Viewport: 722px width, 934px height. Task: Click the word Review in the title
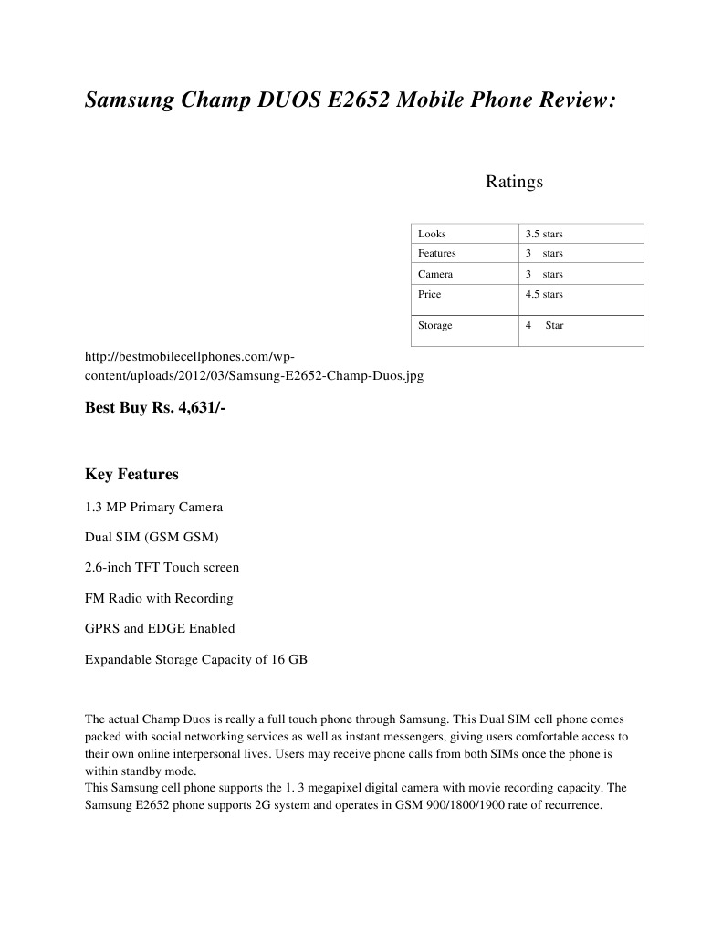click(x=566, y=101)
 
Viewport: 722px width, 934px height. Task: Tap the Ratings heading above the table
click(x=514, y=182)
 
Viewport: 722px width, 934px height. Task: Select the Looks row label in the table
click(x=432, y=234)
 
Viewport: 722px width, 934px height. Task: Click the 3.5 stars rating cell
click(x=544, y=234)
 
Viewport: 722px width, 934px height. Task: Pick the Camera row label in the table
click(x=435, y=274)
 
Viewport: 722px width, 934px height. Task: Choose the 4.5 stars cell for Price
click(x=544, y=294)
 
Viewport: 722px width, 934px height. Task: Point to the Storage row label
click(x=435, y=325)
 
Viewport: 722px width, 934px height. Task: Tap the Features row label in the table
click(x=437, y=253)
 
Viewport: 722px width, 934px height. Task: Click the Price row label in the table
click(x=430, y=294)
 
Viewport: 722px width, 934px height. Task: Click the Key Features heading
click(x=131, y=475)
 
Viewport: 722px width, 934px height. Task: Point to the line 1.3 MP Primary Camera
click(x=153, y=507)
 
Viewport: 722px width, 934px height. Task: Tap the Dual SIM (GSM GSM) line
click(x=152, y=537)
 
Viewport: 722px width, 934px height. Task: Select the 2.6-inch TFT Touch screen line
click(x=162, y=567)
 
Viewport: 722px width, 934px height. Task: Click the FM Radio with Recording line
click(x=159, y=598)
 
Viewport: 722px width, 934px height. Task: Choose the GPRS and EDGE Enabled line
click(x=160, y=628)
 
